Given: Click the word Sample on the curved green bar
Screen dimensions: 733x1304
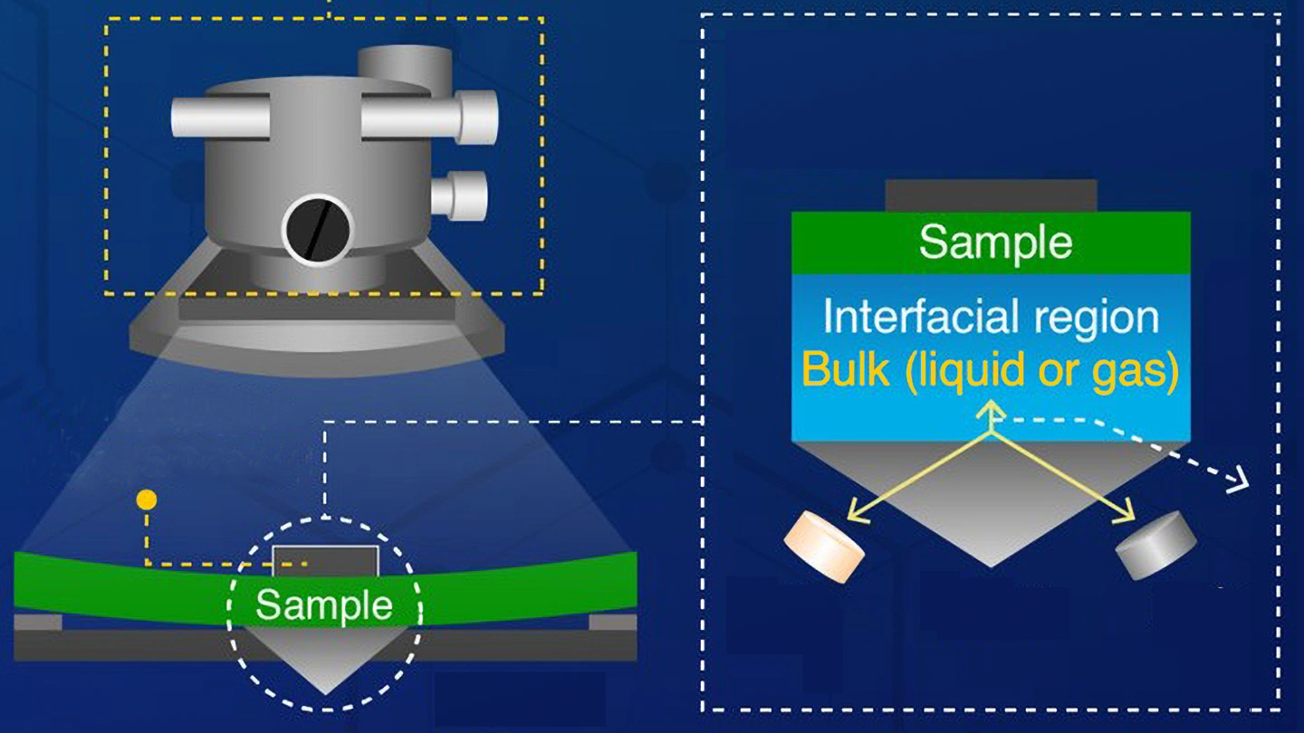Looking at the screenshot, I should point(323,605).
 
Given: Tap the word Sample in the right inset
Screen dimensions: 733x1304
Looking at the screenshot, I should point(995,242).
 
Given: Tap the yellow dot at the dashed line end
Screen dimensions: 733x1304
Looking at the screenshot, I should point(146,500).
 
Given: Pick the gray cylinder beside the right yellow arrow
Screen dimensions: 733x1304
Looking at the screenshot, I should point(1156,544).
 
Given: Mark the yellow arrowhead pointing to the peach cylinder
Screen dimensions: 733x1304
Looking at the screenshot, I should point(854,517).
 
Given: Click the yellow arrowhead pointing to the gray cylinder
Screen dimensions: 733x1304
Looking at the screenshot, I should point(1127,517).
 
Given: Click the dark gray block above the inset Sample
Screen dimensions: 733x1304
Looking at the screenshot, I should point(991,195).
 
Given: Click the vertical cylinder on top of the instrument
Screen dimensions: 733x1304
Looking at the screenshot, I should point(403,65).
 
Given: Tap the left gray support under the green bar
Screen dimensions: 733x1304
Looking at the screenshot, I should point(38,623).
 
